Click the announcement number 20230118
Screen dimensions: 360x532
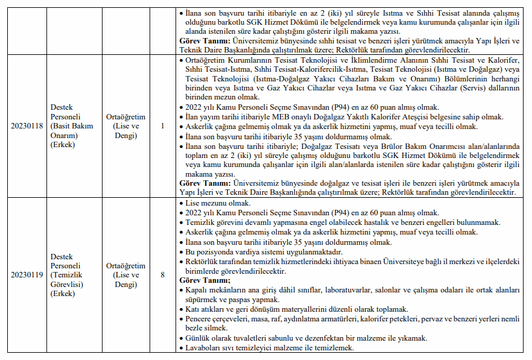coord(27,126)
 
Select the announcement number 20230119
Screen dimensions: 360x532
coord(27,275)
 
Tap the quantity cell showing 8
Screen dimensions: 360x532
coord(163,275)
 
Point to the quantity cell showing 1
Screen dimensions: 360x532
coord(163,126)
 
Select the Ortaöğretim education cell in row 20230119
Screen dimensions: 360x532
coord(126,275)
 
